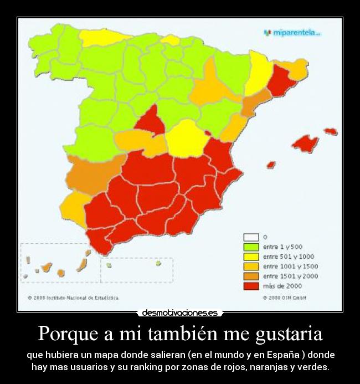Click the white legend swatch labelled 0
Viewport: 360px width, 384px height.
pyautogui.click(x=251, y=237)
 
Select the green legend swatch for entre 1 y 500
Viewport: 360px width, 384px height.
pyautogui.click(x=251, y=247)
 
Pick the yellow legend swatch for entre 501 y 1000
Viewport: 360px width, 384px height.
pyautogui.click(x=251, y=257)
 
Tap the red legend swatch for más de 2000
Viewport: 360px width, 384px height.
pyautogui.click(x=251, y=286)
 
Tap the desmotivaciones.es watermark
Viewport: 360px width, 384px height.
pyautogui.click(x=180, y=313)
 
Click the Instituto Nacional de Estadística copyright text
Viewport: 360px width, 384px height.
pyautogui.click(x=73, y=298)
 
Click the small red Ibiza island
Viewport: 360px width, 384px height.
pyautogui.click(x=271, y=165)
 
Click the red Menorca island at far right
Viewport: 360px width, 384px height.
pyautogui.click(x=331, y=131)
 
